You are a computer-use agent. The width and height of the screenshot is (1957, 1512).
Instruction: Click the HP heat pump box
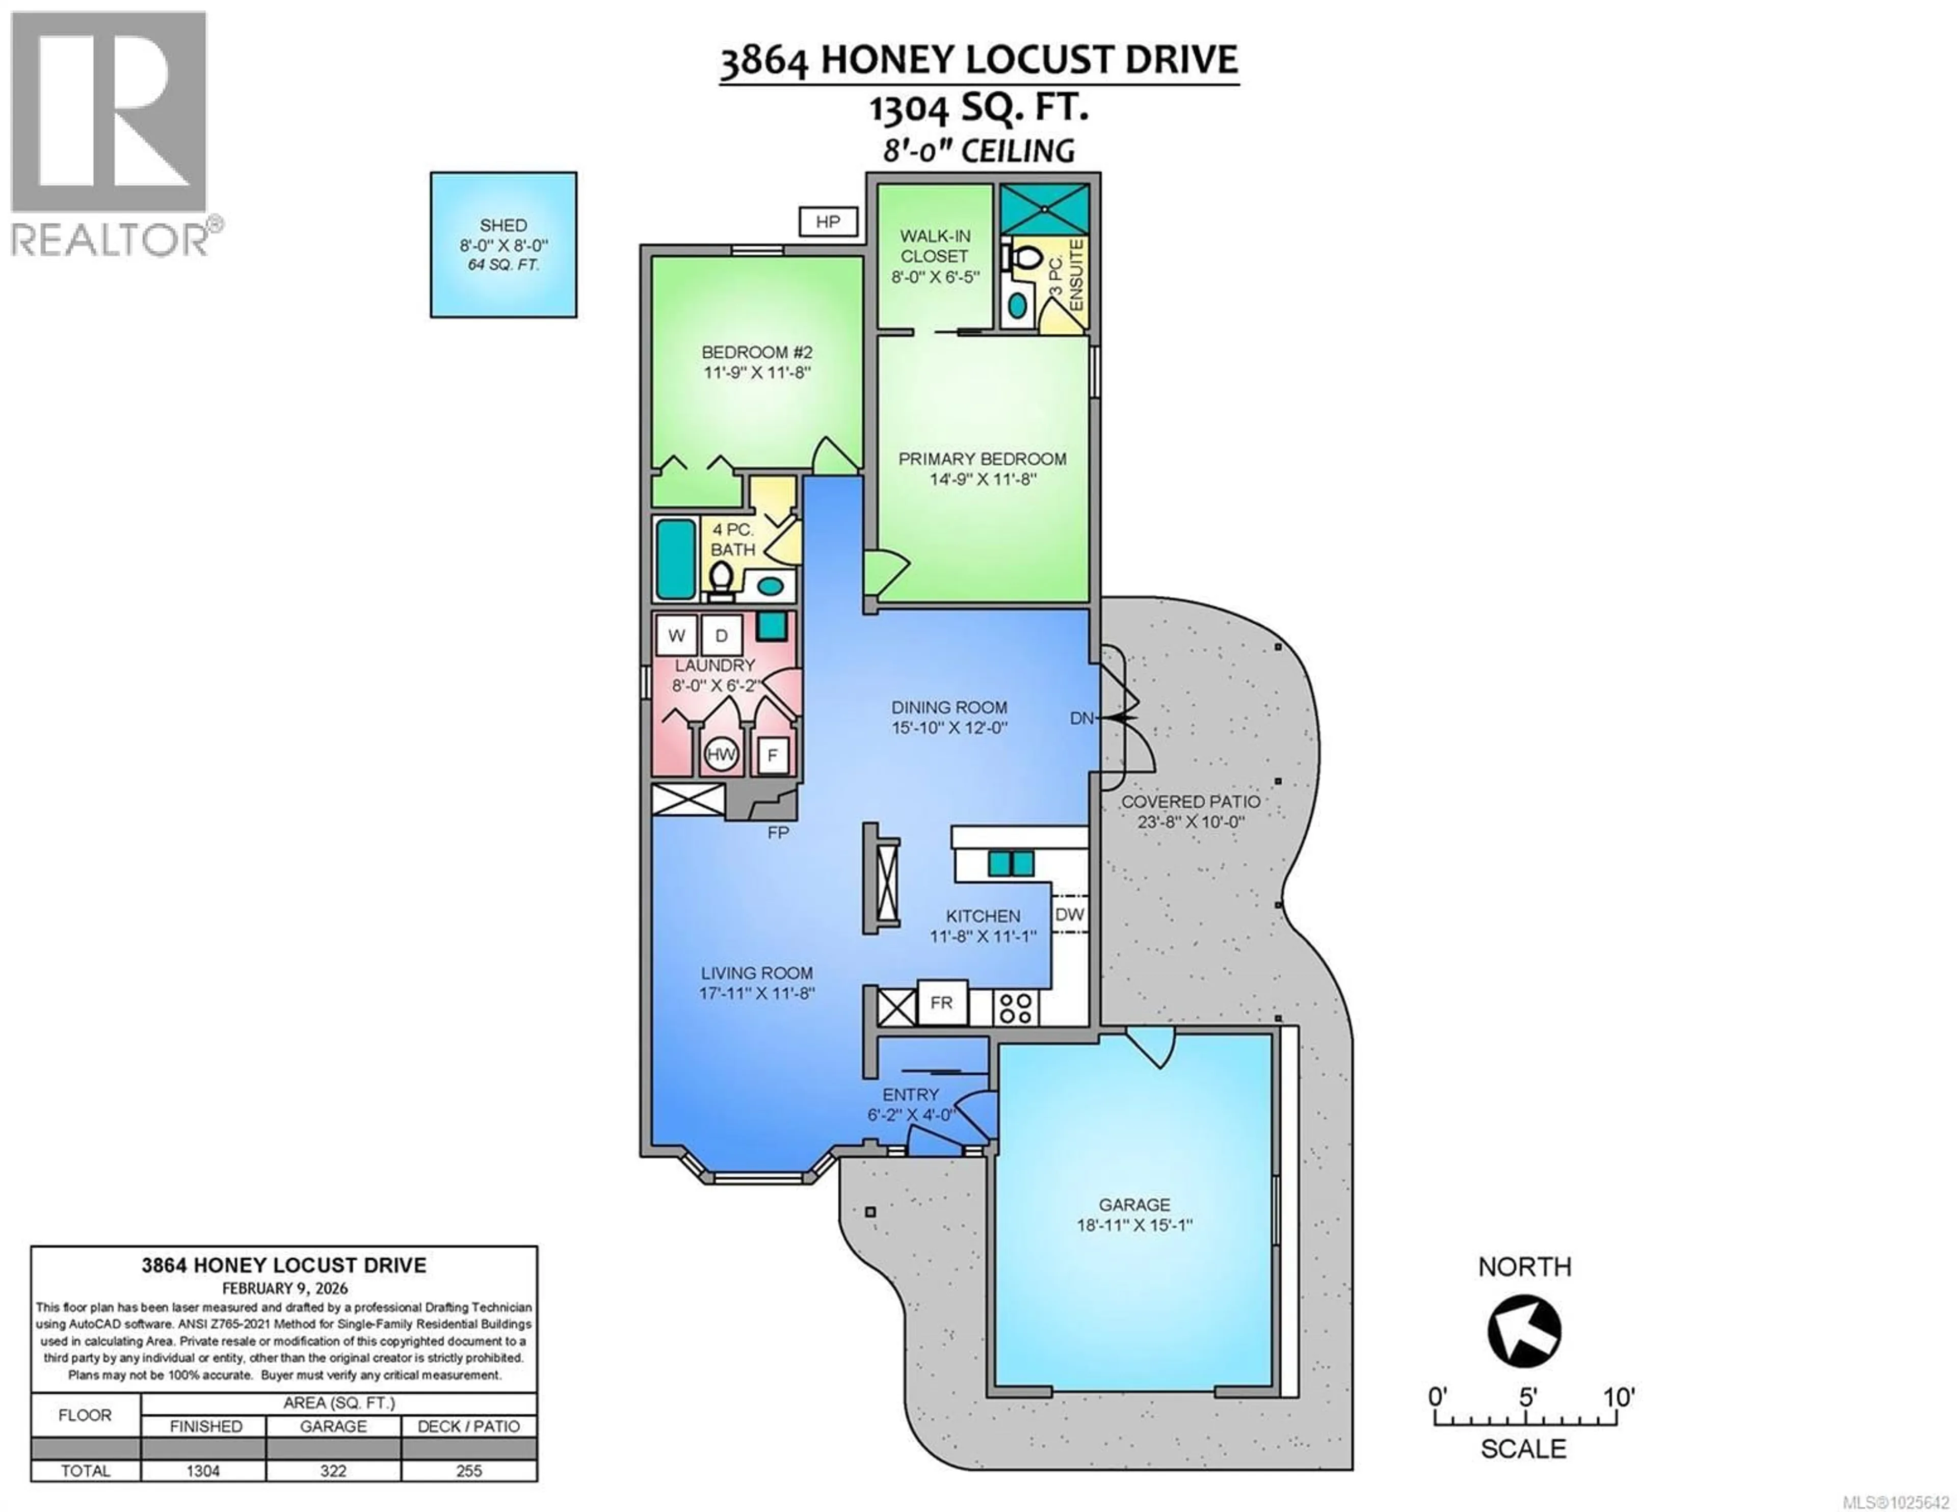click(x=828, y=221)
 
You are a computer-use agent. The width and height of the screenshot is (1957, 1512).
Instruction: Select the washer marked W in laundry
click(x=676, y=635)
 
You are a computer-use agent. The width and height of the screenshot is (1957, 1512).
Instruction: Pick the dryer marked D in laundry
click(x=721, y=635)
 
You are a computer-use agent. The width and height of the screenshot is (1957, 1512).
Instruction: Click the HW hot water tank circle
click(x=721, y=754)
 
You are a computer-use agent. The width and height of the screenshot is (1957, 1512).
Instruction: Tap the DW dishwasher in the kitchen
click(x=1069, y=914)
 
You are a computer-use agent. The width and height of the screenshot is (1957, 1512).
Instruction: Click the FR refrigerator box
click(x=942, y=1002)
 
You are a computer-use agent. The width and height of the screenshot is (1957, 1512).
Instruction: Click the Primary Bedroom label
click(x=982, y=459)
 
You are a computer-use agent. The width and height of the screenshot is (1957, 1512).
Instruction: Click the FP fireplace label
click(x=778, y=833)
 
